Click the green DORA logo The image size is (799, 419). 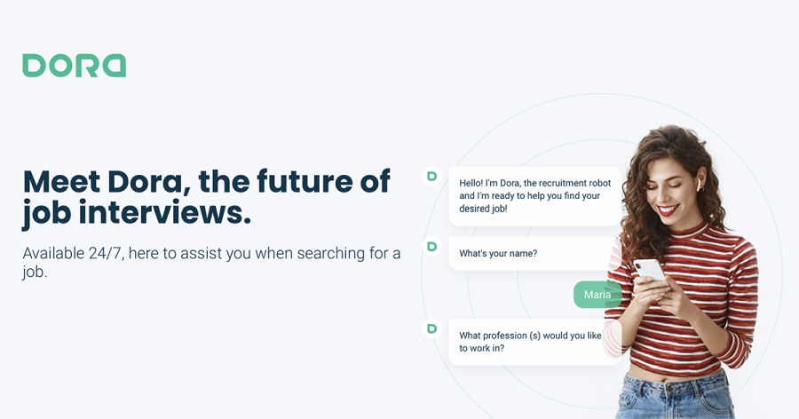74,66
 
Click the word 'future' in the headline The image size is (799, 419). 305,181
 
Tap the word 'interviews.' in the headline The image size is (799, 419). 164,212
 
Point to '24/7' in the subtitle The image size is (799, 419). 106,253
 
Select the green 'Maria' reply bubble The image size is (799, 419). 597,295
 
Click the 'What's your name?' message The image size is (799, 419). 533,253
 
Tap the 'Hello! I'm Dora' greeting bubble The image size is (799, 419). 535,195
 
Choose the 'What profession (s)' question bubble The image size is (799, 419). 535,342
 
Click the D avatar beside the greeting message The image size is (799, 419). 432,177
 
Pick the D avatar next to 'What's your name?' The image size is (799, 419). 432,247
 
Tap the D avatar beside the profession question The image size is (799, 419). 432,328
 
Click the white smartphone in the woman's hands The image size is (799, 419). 649,270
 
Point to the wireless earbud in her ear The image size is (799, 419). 700,184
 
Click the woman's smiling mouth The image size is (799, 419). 668,209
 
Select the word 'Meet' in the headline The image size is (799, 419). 61,181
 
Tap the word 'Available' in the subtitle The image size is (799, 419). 53,253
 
